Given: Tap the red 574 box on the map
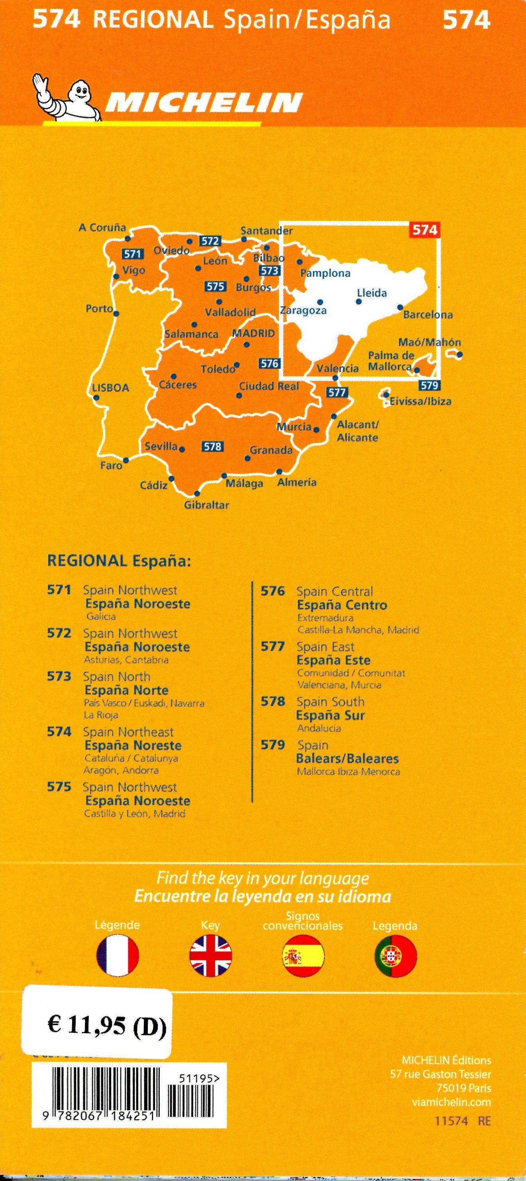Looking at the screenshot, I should pos(425,230).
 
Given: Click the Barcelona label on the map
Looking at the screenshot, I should pos(428,315).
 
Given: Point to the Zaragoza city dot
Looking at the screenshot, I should pos(320,302).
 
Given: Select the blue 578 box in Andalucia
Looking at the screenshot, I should pos(212,446).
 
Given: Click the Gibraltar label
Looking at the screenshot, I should pos(206,505).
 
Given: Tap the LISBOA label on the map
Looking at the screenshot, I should pos(110,388).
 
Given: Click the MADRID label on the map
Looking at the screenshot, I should pos(253,334).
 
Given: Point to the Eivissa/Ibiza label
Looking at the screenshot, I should pos(420,402).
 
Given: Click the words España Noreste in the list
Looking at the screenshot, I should pos(133,745).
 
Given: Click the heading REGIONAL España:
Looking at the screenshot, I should pos(119,561).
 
